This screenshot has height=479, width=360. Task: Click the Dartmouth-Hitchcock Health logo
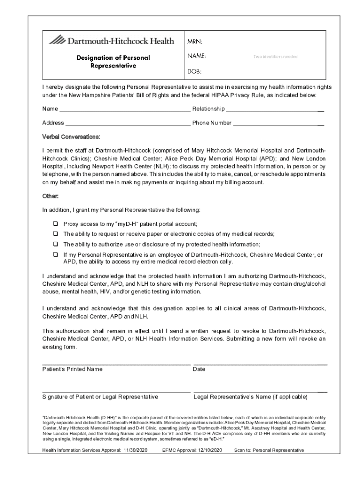pyautogui.click(x=111, y=41)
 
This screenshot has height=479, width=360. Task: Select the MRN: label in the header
pyautogui.click(x=195, y=42)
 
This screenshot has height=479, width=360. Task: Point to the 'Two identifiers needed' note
pyautogui.click(x=275, y=57)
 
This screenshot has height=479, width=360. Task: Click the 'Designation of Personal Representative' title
pyautogui.click(x=113, y=62)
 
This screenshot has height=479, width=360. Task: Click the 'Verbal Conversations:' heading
pyautogui.click(x=71, y=137)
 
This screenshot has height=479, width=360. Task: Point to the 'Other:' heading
pyautogui.click(x=50, y=196)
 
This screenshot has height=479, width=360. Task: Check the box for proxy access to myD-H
pyautogui.click(x=55, y=224)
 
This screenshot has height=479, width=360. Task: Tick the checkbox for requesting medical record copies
pyautogui.click(x=55, y=233)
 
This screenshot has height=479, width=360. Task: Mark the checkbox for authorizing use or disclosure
pyautogui.click(x=55, y=244)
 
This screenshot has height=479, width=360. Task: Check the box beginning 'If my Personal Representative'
pyautogui.click(x=55, y=254)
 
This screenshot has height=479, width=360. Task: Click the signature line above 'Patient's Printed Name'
pyautogui.click(x=116, y=364)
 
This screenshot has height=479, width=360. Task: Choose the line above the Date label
pyautogui.click(x=260, y=364)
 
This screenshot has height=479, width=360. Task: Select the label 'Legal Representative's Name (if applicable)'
pyautogui.click(x=250, y=397)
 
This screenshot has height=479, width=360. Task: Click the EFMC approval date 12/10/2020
pyautogui.click(x=208, y=450)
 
